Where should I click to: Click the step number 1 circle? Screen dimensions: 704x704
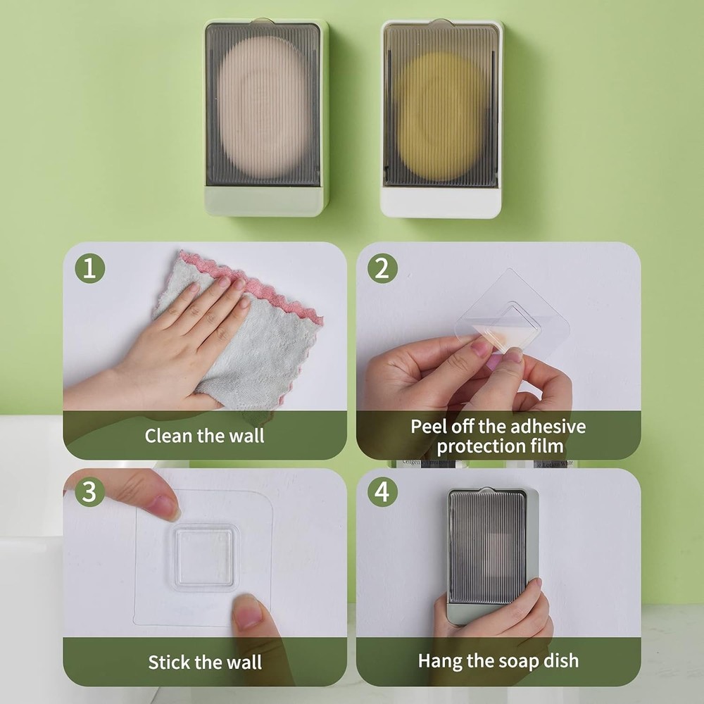89,268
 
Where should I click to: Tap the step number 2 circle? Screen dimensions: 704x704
382,268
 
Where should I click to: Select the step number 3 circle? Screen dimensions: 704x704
89,492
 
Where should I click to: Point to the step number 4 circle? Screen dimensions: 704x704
382,492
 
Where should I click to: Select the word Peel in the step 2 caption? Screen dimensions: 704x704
427,427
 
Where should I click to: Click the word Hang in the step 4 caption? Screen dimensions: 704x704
438,660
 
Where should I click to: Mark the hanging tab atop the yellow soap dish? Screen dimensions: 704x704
441,23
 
